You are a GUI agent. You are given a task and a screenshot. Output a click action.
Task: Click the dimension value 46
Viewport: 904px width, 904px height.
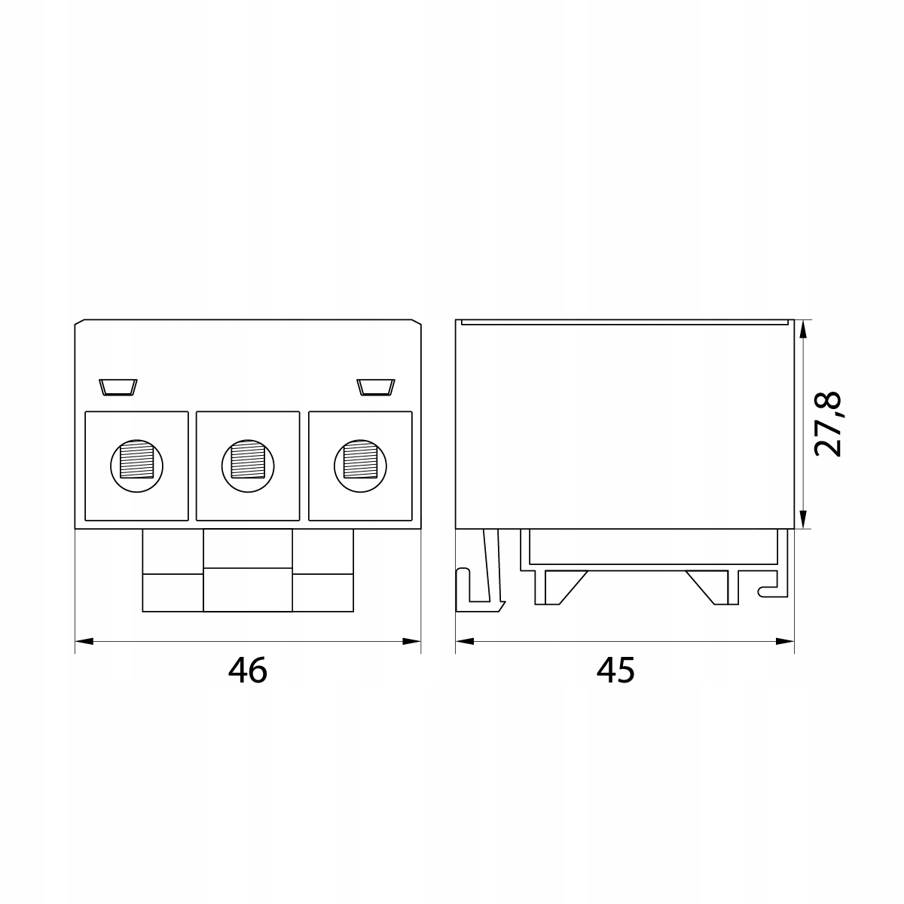[x=248, y=670]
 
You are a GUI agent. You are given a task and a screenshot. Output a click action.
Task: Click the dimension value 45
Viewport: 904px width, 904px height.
[x=615, y=670]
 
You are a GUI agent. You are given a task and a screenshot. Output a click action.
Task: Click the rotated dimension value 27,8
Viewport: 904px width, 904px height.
[x=828, y=424]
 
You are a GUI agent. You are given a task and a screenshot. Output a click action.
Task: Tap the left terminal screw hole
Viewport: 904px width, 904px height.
[x=137, y=466]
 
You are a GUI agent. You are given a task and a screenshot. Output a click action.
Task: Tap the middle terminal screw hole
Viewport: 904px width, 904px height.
[x=248, y=466]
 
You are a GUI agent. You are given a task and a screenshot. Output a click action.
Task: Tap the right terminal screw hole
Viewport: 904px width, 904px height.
[x=360, y=466]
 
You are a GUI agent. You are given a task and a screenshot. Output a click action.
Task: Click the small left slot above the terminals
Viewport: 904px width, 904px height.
[x=118, y=387]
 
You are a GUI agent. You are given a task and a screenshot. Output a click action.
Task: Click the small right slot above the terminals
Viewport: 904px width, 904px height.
[x=376, y=387]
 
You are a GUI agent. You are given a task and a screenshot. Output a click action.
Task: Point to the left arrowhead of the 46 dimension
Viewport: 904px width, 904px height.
[x=84, y=641]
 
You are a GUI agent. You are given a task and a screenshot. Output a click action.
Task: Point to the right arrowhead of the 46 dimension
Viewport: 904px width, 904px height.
[x=411, y=641]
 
